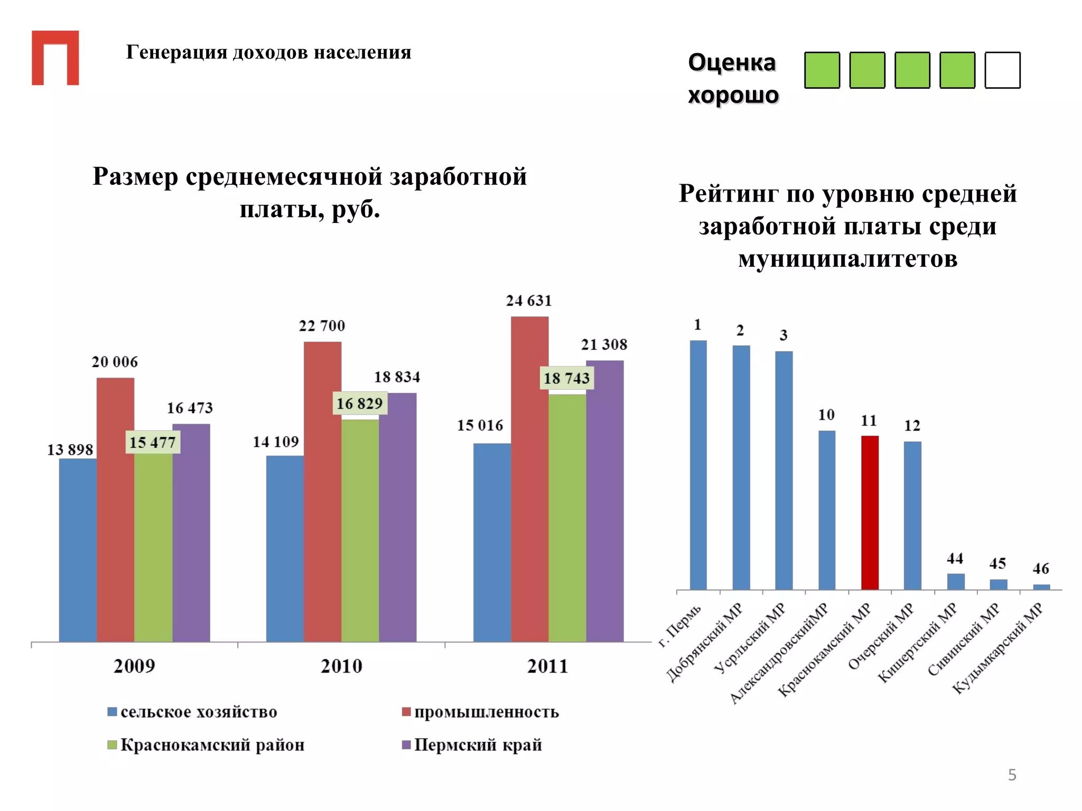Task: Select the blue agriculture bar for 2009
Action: pyautogui.click(x=78, y=550)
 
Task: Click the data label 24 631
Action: pyautogui.click(x=529, y=301)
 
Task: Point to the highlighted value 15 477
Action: pyautogui.click(x=153, y=442)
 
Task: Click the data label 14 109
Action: pyautogui.click(x=276, y=442)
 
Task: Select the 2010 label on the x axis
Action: pyautogui.click(x=341, y=666)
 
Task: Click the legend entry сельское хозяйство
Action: pyautogui.click(x=199, y=712)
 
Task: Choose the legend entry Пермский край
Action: pyautogui.click(x=478, y=745)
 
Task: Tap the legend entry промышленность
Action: pyautogui.click(x=486, y=712)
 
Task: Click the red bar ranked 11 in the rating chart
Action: pyautogui.click(x=870, y=512)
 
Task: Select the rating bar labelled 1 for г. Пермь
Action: pyautogui.click(x=698, y=465)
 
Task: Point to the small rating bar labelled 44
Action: pyautogui.click(x=955, y=581)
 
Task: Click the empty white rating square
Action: pyautogui.click(x=1002, y=70)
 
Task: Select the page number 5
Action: pyautogui.click(x=1012, y=775)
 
